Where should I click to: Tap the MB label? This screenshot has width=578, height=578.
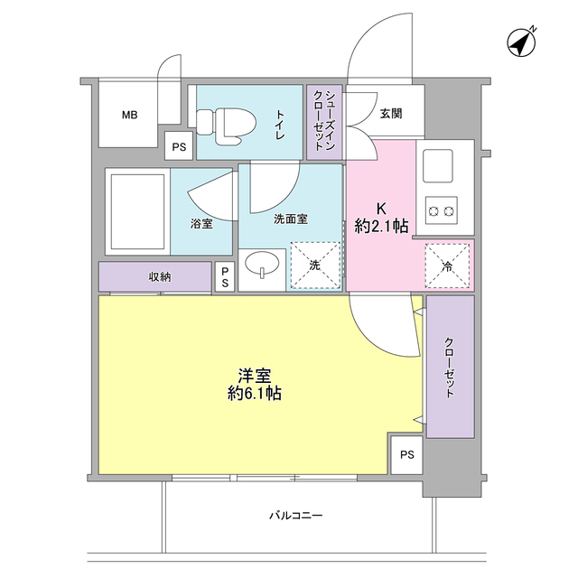[131, 115]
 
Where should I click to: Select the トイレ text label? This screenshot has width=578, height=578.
[280, 123]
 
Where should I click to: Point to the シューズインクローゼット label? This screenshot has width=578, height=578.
[324, 121]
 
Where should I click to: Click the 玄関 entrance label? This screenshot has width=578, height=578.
[391, 114]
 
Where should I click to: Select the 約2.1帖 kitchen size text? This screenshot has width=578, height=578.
[380, 226]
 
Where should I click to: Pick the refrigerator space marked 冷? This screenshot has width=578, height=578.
[447, 266]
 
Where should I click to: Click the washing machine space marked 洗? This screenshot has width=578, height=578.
[315, 266]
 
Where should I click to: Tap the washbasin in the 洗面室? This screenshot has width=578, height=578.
[263, 266]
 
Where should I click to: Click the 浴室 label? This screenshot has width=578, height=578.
[201, 223]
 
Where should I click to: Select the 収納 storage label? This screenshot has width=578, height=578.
[160, 276]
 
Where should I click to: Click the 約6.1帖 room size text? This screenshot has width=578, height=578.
[254, 393]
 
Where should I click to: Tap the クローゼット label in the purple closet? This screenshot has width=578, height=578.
[449, 367]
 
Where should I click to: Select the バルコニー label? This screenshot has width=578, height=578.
[295, 517]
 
